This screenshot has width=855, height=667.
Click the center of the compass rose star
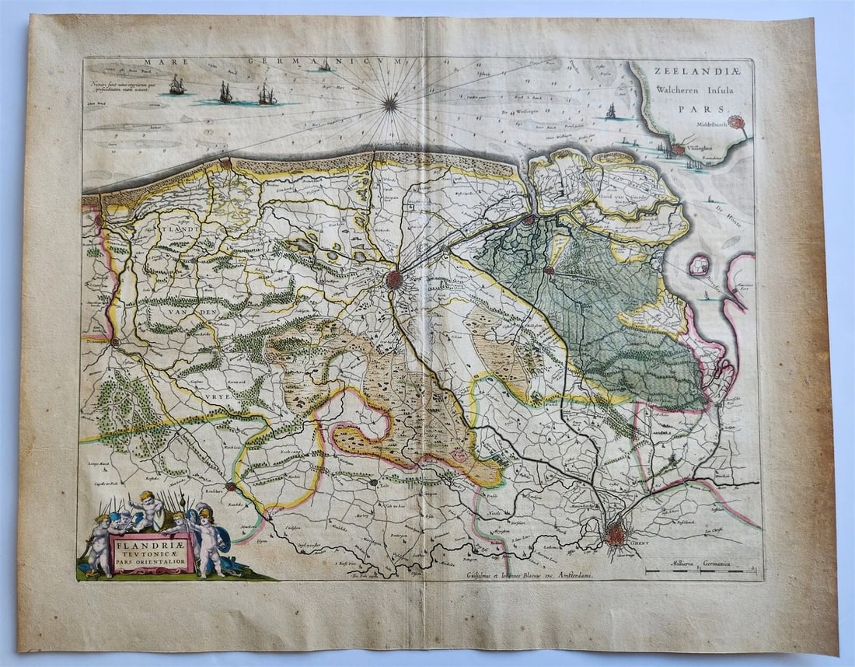click(x=390, y=103)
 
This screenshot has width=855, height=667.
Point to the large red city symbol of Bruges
click(x=394, y=279)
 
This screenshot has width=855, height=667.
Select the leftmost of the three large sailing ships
click(x=177, y=86)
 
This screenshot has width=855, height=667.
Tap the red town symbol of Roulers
click(x=230, y=487)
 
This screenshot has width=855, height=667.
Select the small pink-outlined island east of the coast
click(x=700, y=264)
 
